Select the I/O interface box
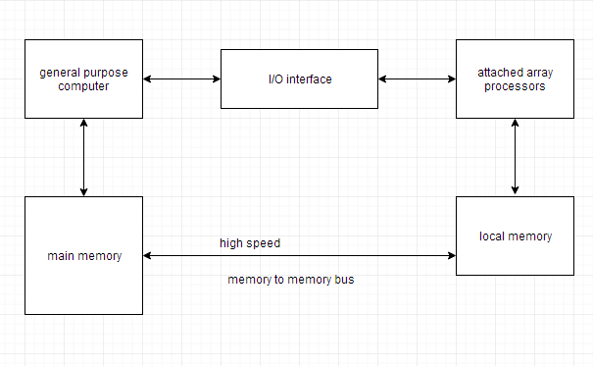(x=300, y=78)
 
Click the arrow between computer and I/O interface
(x=182, y=78)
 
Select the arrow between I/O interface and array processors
(x=418, y=78)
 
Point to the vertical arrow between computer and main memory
(x=84, y=157)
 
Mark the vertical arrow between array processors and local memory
(x=516, y=157)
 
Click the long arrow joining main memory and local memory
(x=300, y=256)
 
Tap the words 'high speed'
(x=250, y=242)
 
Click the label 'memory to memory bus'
(x=291, y=280)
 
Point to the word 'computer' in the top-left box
(x=83, y=86)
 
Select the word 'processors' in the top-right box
(x=516, y=86)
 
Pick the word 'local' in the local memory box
(x=494, y=236)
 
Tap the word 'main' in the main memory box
(x=61, y=256)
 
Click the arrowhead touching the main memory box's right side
(x=148, y=256)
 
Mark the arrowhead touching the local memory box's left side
(x=451, y=256)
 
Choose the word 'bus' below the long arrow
(x=345, y=280)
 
